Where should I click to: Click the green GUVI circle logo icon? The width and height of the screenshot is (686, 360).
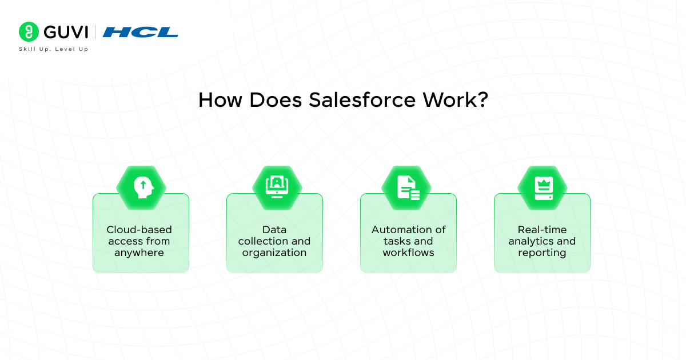[29, 31]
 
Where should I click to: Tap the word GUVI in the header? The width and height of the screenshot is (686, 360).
[66, 32]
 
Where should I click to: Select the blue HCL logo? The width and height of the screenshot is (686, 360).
[140, 32]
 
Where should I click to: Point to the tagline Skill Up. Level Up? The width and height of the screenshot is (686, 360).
[54, 49]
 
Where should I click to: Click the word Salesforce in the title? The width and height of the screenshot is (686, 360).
[362, 100]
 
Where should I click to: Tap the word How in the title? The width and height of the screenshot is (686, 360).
[220, 100]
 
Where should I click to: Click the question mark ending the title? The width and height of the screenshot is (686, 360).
[482, 99]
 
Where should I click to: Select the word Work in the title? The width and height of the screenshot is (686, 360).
[449, 100]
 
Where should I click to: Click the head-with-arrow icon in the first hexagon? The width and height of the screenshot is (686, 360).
[143, 187]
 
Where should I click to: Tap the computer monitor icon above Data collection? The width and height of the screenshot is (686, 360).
[277, 187]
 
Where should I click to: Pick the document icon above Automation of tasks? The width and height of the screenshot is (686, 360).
[408, 187]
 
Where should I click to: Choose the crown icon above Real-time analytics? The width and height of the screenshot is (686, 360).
[544, 188]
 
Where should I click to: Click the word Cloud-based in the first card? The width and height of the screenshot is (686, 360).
[139, 230]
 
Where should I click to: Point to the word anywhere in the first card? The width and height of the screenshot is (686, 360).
[139, 253]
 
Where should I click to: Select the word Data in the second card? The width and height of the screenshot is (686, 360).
[274, 230]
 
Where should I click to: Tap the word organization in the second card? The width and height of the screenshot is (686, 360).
[274, 253]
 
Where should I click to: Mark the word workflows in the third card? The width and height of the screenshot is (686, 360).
[408, 253]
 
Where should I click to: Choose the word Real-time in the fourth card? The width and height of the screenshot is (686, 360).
[542, 230]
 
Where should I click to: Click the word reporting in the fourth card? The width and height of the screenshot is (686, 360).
[542, 253]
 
